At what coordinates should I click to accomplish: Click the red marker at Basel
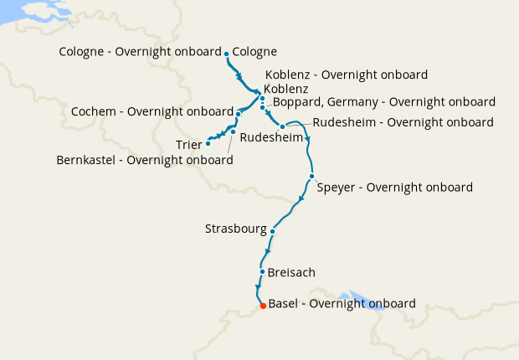pyautogui.click(x=263, y=306)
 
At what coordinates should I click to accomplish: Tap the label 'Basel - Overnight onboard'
pyautogui.click(x=342, y=304)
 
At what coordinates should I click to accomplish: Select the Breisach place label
pyautogui.click(x=292, y=273)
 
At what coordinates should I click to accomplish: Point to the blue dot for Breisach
pyautogui.click(x=263, y=272)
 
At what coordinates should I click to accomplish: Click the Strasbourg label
pyautogui.click(x=236, y=229)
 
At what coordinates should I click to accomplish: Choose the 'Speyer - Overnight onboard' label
pyautogui.click(x=394, y=187)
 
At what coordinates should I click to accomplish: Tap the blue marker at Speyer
pyautogui.click(x=311, y=177)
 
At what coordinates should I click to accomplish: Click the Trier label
pyautogui.click(x=188, y=145)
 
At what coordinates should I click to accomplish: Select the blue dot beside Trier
pyautogui.click(x=208, y=143)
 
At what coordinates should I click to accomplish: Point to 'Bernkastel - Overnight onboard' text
pyautogui.click(x=144, y=160)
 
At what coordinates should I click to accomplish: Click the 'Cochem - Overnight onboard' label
pyautogui.click(x=152, y=111)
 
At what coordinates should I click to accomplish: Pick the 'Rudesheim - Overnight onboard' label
pyautogui.click(x=403, y=122)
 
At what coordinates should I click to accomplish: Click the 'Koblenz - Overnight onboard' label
pyautogui.click(x=346, y=74)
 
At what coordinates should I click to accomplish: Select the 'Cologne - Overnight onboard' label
pyautogui.click(x=140, y=52)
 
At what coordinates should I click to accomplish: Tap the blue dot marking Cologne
pyautogui.click(x=227, y=54)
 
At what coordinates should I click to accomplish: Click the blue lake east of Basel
pyautogui.click(x=362, y=301)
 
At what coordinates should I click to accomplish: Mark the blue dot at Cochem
pyautogui.click(x=239, y=114)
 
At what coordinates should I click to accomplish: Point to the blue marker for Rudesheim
pyautogui.click(x=283, y=126)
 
